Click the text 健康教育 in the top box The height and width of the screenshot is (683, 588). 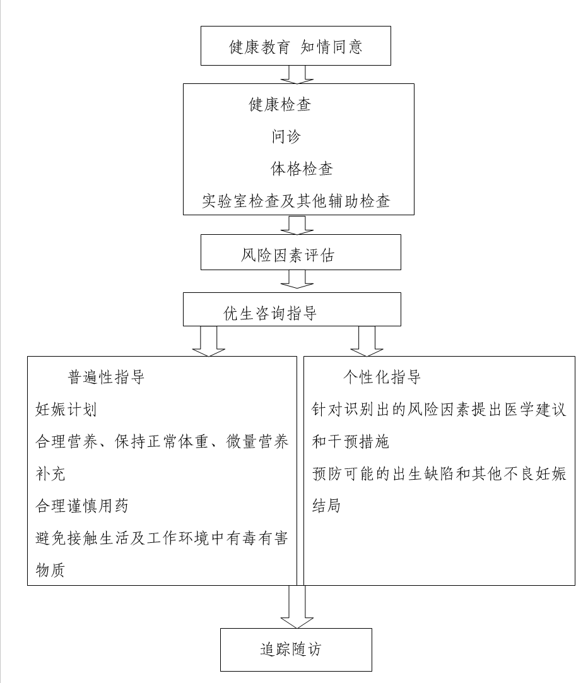point(259,47)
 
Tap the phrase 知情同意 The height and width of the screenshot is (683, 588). point(331,47)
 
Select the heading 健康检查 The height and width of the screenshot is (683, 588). point(280,105)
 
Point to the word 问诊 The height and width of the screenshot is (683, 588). point(286,136)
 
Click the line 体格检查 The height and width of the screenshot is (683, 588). point(302,169)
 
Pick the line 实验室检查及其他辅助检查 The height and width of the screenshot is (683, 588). point(296,201)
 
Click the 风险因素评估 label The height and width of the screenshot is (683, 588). point(288,255)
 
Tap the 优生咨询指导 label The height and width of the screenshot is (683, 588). point(270,313)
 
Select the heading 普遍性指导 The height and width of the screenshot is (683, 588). point(106,377)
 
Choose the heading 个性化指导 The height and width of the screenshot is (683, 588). point(382,377)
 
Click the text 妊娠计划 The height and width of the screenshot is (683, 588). point(66,410)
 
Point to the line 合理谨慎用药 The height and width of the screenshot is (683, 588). point(82,506)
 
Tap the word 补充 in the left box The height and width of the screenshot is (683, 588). point(50,474)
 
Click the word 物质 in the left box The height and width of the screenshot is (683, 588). point(50,570)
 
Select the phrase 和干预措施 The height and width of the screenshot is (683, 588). point(350,442)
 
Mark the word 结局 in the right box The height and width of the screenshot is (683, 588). point(326,506)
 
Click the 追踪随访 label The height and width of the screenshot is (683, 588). point(290,650)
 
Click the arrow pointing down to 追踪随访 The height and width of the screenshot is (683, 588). point(297,607)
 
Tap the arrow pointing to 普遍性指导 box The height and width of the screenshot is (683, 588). point(208,341)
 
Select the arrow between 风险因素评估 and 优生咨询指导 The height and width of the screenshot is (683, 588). point(297,279)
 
